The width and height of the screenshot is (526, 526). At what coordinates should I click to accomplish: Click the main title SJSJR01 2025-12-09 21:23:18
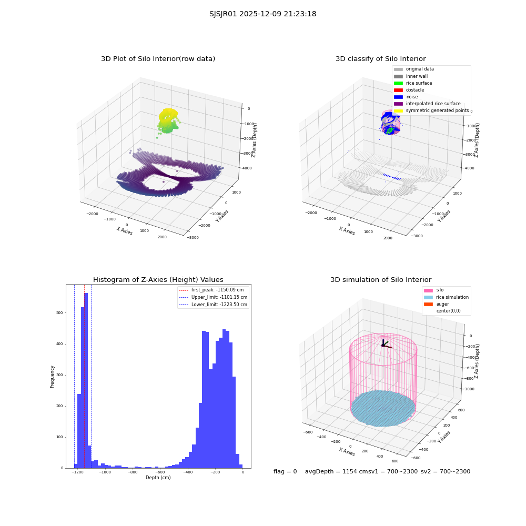click(262, 14)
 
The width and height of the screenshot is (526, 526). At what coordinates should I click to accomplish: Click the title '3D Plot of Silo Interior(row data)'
click(158, 59)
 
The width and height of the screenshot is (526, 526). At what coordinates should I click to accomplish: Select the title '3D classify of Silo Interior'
click(381, 59)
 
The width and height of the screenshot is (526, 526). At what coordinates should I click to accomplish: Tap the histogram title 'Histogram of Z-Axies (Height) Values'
click(158, 280)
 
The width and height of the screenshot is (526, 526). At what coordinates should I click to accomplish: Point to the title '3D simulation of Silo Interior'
click(381, 280)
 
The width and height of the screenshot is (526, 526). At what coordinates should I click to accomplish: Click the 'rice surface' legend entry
click(413, 83)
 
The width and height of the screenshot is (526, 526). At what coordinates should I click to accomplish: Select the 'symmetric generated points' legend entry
click(431, 110)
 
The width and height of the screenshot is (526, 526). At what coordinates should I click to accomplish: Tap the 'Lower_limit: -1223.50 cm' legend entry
click(213, 305)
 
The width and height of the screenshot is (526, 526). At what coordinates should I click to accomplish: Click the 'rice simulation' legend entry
click(446, 297)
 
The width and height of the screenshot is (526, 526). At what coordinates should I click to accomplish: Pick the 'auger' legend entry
click(437, 304)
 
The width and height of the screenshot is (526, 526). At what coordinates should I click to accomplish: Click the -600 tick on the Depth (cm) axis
click(160, 472)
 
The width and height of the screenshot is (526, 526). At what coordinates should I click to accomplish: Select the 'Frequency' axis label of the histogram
click(52, 377)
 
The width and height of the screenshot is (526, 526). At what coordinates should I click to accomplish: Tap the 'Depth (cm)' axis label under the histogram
click(158, 478)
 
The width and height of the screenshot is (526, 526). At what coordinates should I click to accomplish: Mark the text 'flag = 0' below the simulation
click(285, 471)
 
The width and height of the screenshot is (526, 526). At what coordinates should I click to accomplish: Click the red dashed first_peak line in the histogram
click(85, 377)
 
